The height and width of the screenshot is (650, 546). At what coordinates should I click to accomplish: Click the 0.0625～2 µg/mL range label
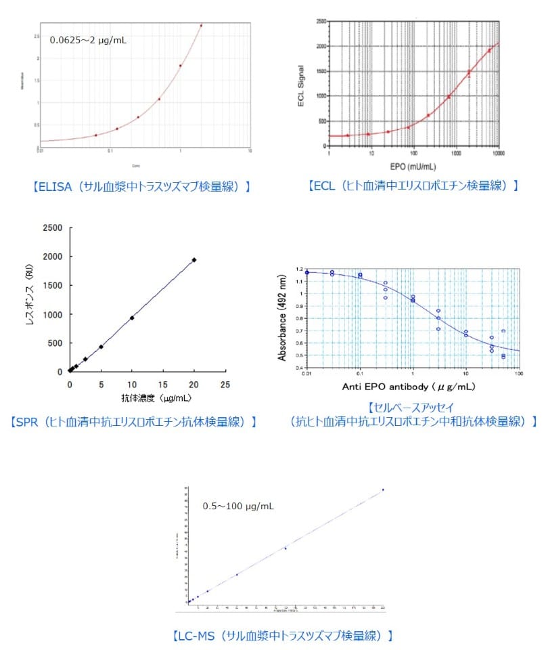[88, 40]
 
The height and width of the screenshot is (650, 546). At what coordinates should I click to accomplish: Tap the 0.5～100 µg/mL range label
[238, 506]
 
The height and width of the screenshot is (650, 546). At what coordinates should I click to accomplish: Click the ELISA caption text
[141, 185]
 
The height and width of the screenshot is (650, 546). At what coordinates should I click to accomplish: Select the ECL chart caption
[413, 185]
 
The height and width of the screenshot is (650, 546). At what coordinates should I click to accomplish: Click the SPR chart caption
[135, 421]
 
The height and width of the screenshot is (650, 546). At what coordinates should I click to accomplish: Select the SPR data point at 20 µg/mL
[194, 259]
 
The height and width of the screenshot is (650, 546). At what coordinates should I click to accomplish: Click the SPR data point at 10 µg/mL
[132, 318]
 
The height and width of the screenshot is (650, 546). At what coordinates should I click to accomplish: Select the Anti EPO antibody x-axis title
[412, 387]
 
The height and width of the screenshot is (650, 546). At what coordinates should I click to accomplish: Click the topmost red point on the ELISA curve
[201, 26]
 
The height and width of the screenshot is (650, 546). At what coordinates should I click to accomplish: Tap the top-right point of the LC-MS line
[383, 490]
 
